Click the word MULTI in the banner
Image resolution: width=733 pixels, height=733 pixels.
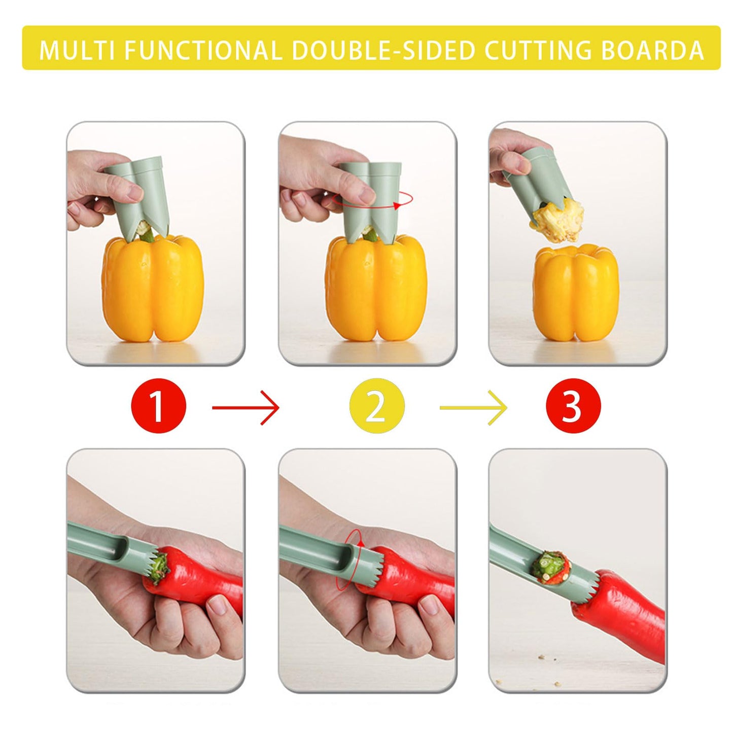point(77,51)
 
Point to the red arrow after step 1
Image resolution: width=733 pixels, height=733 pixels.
point(246,407)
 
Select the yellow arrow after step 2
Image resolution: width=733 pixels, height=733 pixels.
point(473,407)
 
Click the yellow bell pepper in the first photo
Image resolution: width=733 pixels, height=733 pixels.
point(152,289)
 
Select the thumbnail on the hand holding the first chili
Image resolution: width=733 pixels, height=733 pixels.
point(219,605)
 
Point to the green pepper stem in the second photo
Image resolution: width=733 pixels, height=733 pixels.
point(370,234)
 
